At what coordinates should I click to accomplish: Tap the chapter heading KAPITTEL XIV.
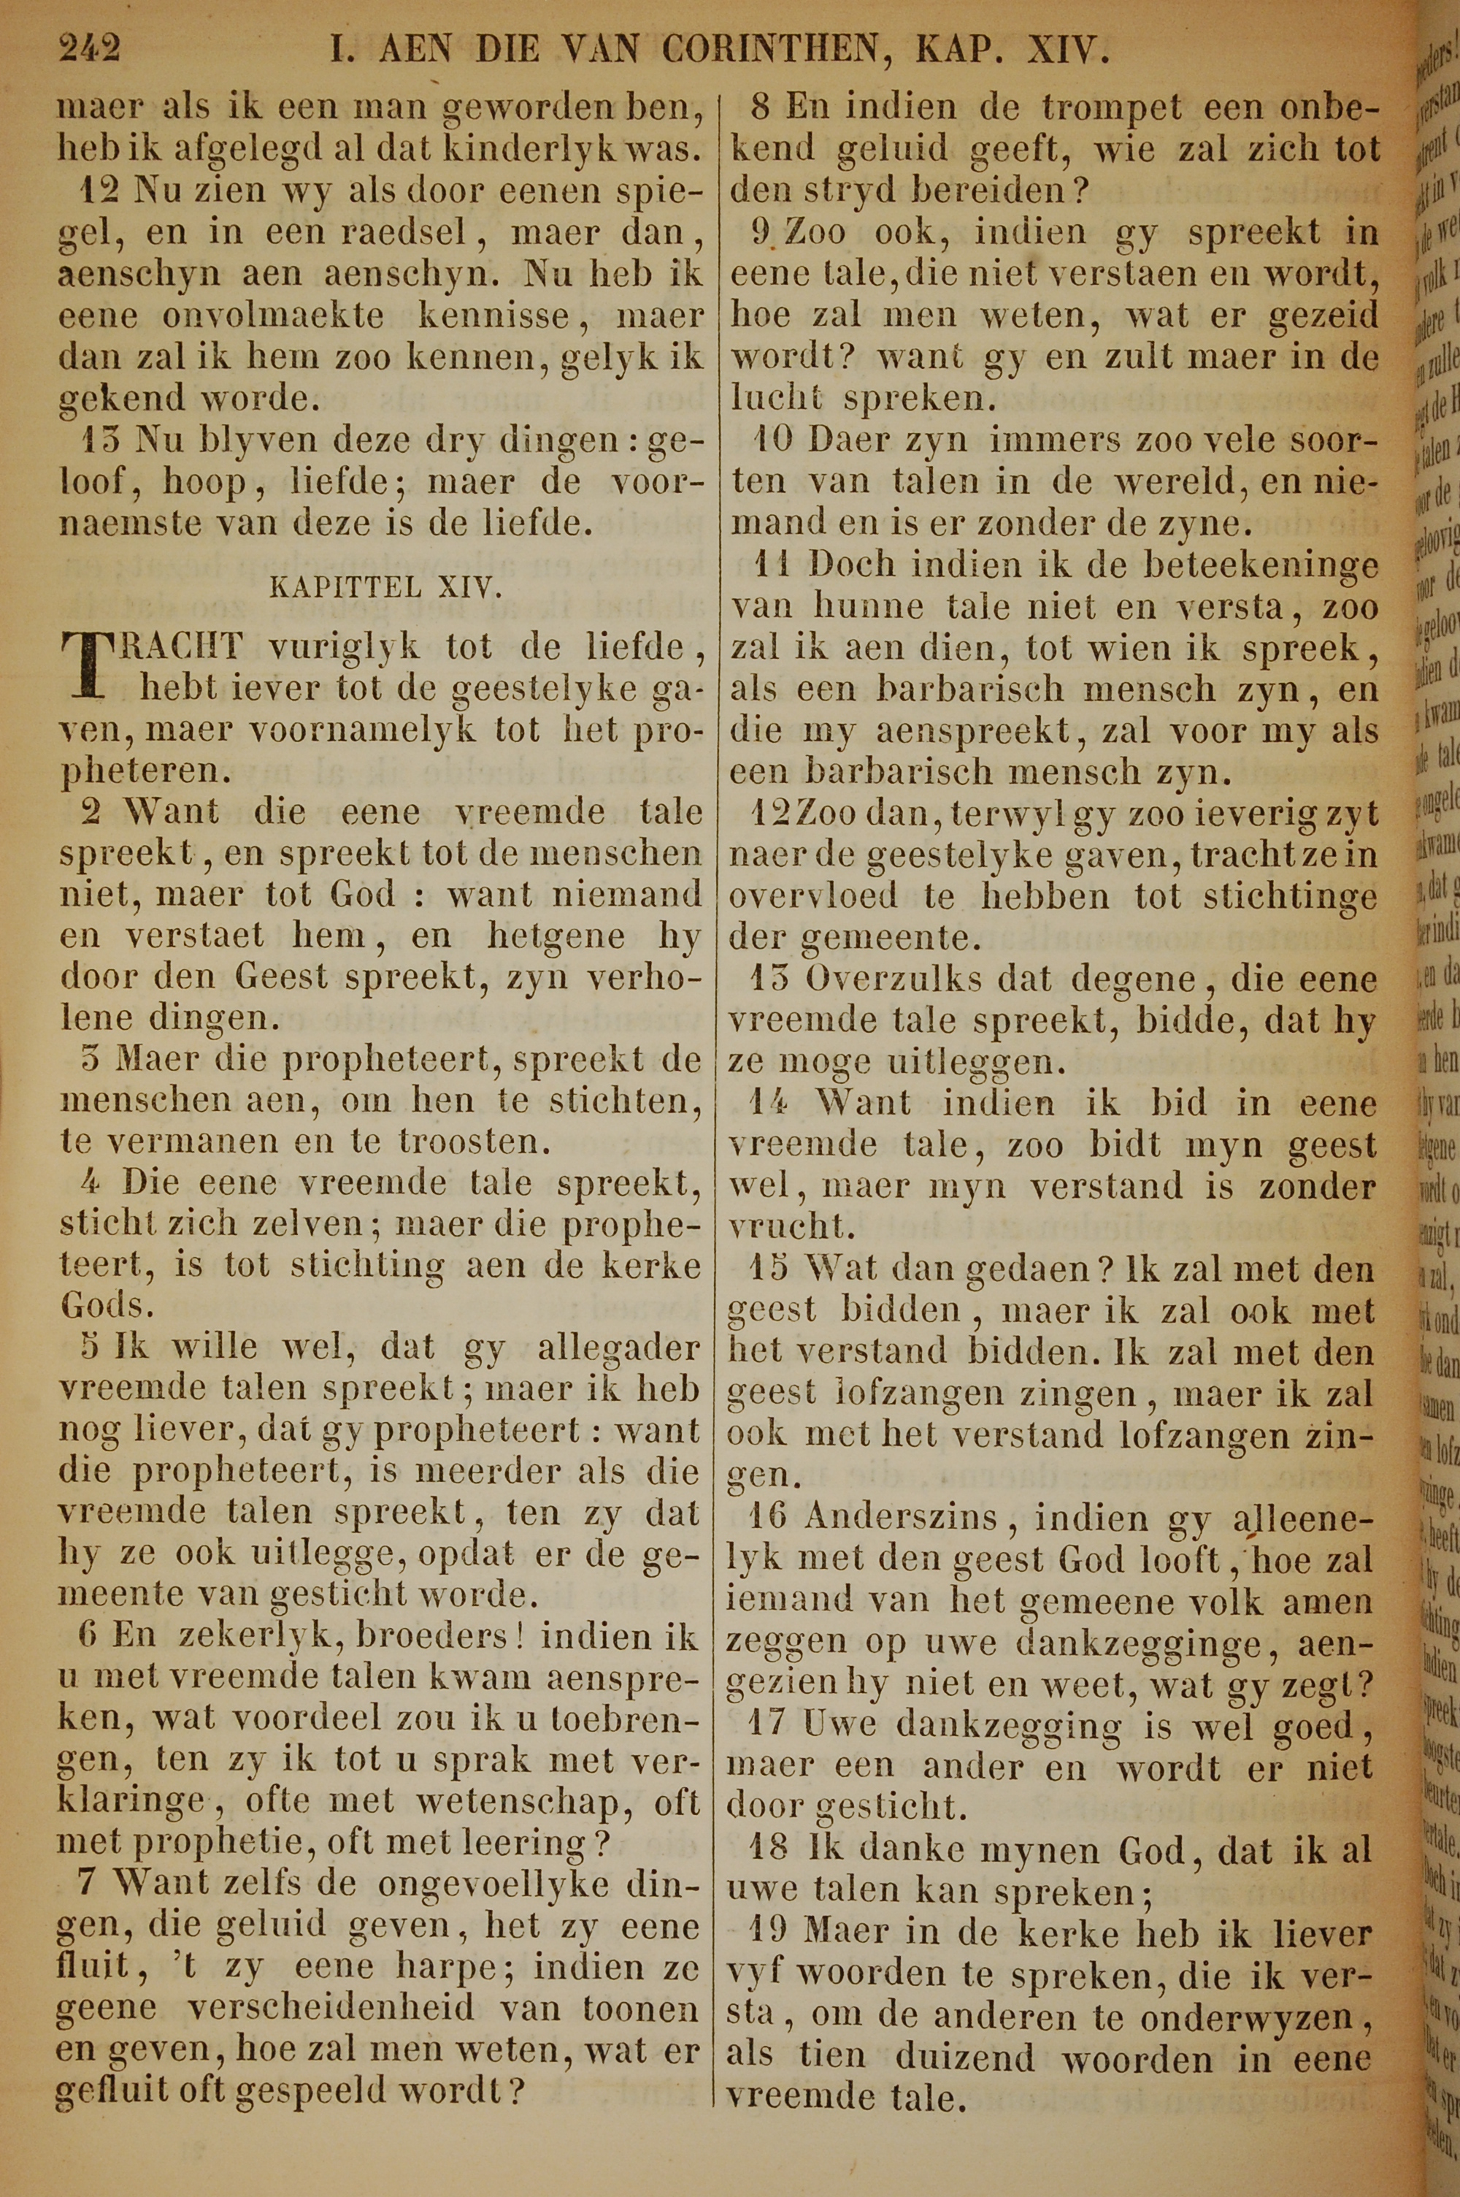tap(385, 588)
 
